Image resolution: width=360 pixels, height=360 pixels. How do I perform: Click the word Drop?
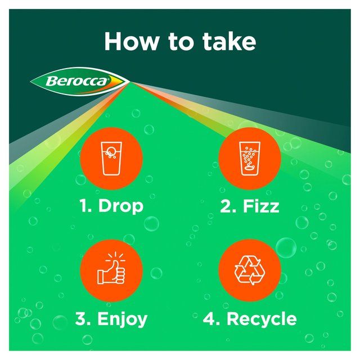click(x=121, y=206)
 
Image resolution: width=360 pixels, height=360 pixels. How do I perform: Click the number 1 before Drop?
click(x=85, y=206)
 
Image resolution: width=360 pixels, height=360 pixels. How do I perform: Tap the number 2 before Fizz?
click(x=225, y=206)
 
